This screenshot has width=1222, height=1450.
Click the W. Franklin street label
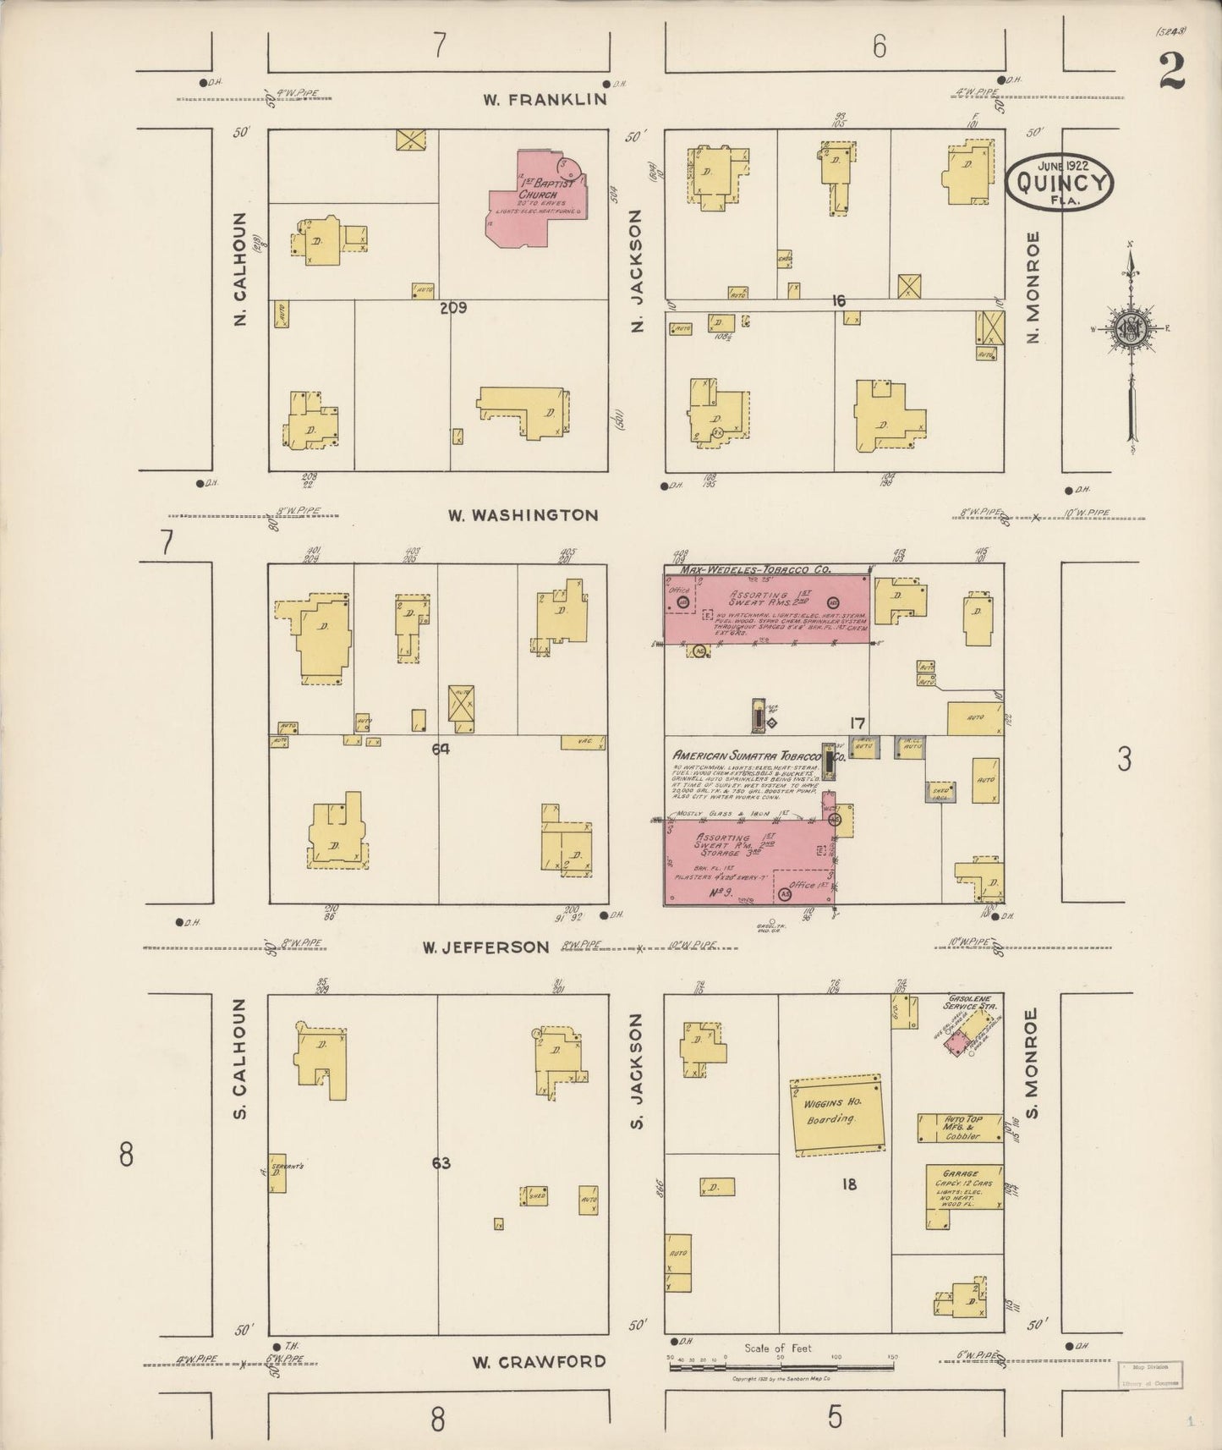point(545,99)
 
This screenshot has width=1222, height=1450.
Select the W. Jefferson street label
point(486,947)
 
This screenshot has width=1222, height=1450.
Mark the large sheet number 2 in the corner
point(1170,71)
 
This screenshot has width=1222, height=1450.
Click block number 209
point(453,308)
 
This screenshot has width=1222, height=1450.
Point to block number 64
point(440,748)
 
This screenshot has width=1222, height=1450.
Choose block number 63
point(441,1163)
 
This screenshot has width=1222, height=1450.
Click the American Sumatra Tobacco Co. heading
point(753,755)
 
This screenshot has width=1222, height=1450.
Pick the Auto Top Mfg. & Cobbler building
point(960,1129)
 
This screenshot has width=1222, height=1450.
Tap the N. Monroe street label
point(1032,288)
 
